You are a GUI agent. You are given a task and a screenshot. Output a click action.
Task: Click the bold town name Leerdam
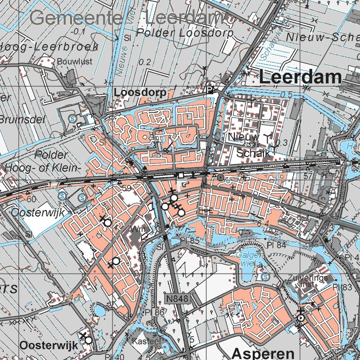point(300,77)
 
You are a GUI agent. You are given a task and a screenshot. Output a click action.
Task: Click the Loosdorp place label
point(140,93)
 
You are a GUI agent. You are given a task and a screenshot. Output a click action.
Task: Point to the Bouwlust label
point(75,61)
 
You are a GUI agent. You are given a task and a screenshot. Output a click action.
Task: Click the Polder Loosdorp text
point(186,33)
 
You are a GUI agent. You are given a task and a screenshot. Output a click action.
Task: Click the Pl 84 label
point(276,245)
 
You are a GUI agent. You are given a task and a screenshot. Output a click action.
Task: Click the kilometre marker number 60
point(31,199)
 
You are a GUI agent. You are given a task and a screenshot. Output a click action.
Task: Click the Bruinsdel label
point(22,120)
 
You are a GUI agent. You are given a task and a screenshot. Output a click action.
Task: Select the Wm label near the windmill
point(138,230)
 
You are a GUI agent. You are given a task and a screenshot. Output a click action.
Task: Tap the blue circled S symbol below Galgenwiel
point(265,277)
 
